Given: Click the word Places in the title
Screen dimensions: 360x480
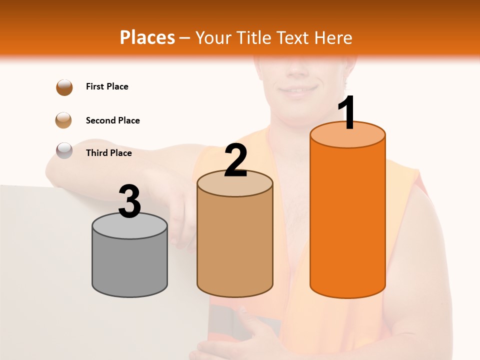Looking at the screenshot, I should click(x=147, y=37).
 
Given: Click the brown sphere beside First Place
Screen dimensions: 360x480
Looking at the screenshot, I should click(x=64, y=87).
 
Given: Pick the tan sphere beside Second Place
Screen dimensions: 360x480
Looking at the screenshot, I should click(x=64, y=120).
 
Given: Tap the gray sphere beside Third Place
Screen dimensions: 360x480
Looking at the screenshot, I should click(x=64, y=150).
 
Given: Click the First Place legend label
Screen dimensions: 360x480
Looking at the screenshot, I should click(x=107, y=86).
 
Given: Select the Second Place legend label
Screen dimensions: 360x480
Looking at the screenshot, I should click(x=112, y=120).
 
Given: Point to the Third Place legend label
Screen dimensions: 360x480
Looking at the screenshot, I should click(x=108, y=153).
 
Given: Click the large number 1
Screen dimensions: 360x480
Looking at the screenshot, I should click(x=347, y=113).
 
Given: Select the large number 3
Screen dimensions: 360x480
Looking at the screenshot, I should click(x=130, y=201).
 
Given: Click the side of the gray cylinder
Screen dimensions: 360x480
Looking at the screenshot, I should click(x=130, y=265).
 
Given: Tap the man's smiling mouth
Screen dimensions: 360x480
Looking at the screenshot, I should click(x=298, y=91).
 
